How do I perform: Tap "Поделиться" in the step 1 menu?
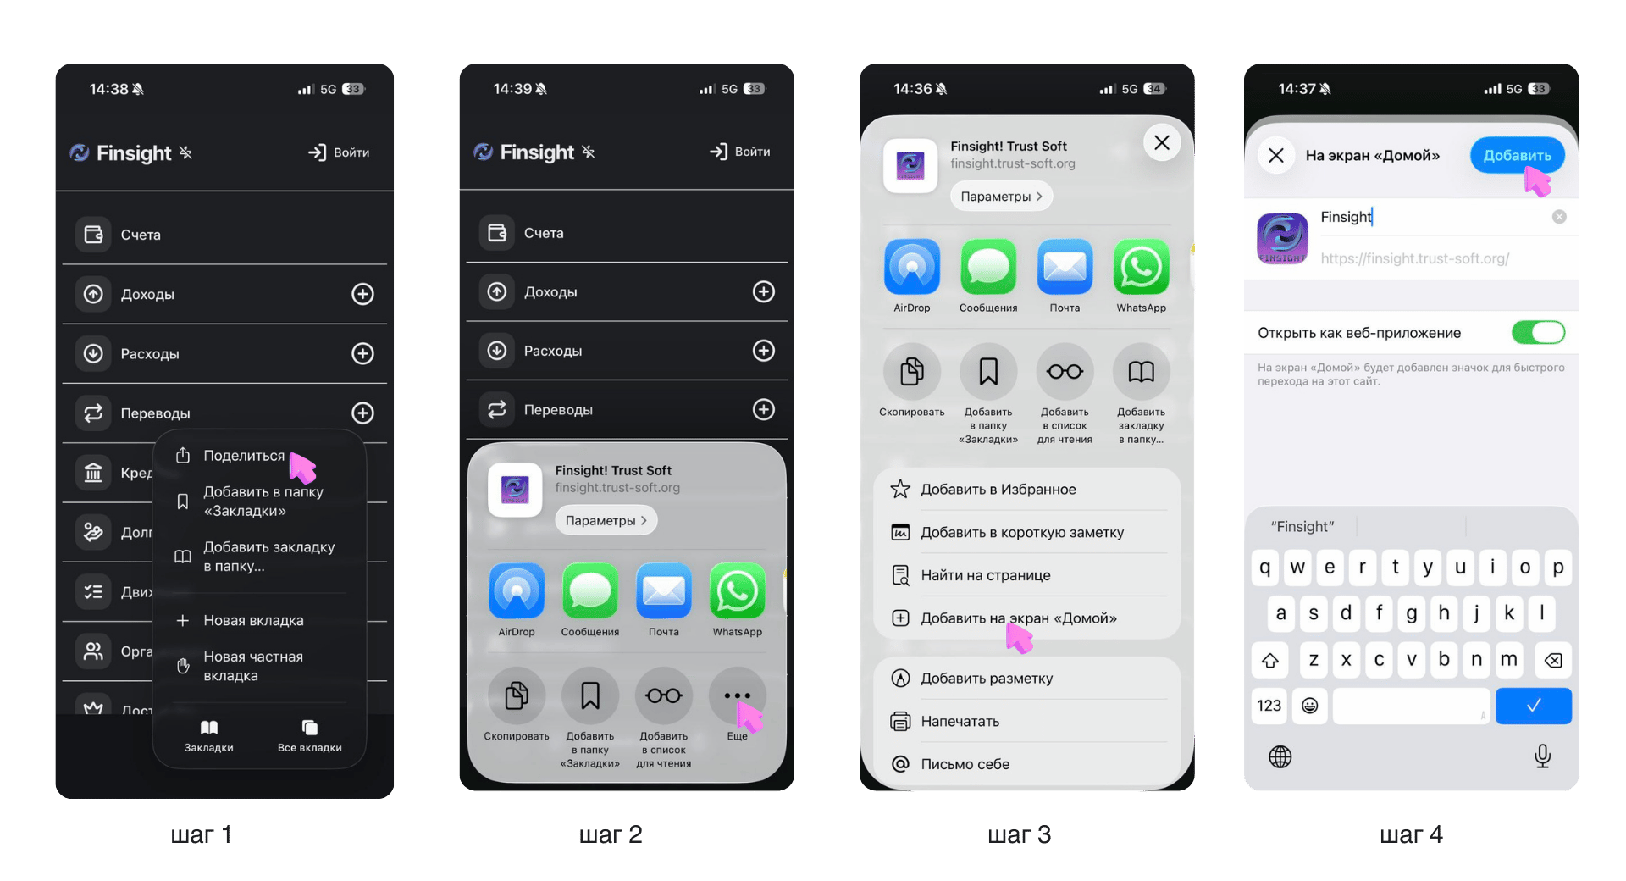coord(243,456)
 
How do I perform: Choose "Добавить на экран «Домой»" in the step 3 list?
coord(1018,618)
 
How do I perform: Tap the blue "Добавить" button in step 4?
coord(1516,156)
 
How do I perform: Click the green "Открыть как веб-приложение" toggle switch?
coord(1538,333)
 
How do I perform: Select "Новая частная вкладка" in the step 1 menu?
coord(252,666)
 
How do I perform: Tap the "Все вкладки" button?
coord(310,735)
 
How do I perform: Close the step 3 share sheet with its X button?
coord(1162,143)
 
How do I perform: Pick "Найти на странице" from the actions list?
coord(985,575)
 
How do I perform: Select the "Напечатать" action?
coord(960,722)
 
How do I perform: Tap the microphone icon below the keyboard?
coord(1542,756)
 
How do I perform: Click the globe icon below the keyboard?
coord(1280,756)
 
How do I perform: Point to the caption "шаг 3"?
coord(1019,835)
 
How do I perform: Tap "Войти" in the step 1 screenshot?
coord(340,152)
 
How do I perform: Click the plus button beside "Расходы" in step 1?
coord(362,353)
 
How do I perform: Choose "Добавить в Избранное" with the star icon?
coord(998,490)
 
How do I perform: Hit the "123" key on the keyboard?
coord(1269,706)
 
